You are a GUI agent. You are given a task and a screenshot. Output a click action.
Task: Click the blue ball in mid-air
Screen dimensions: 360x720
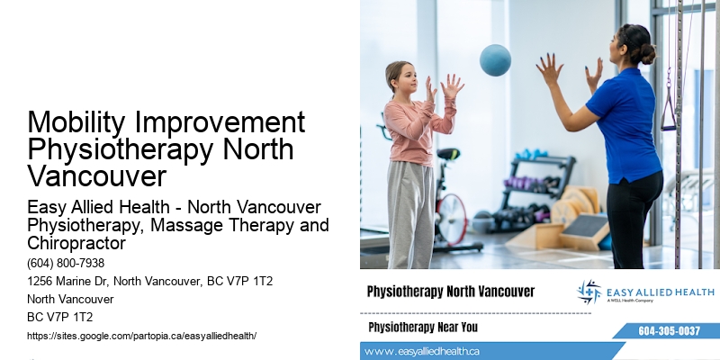pos(495,60)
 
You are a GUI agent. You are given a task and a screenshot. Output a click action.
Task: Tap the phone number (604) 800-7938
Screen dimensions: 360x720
pos(66,264)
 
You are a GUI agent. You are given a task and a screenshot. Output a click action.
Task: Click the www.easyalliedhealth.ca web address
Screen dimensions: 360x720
pos(423,351)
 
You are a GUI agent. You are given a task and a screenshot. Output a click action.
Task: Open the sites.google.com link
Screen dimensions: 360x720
pos(142,335)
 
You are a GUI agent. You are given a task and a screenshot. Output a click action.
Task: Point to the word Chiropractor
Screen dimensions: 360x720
pos(75,243)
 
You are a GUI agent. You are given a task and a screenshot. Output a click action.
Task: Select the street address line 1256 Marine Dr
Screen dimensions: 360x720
pos(150,282)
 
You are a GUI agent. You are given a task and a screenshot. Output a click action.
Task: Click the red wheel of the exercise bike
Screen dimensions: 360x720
pos(450,217)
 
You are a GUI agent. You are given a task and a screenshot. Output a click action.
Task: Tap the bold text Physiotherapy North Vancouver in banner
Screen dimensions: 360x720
pos(451,292)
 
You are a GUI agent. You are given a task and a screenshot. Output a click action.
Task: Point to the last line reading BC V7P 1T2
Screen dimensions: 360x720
pos(60,317)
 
